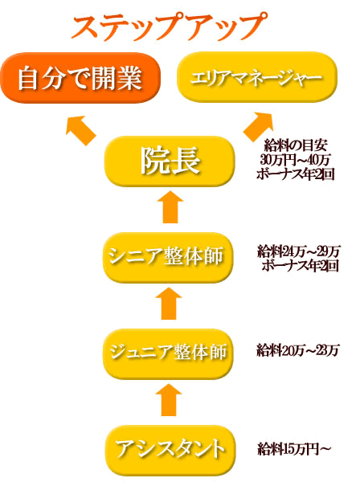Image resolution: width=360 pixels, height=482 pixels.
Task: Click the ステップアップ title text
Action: coord(169,27)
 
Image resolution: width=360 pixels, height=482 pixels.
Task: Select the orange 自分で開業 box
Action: coord(80,78)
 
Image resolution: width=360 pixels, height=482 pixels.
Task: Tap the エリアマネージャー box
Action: coord(257,77)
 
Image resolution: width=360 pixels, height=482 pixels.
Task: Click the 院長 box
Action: coord(170,161)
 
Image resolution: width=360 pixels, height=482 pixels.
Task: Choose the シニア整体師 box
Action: coord(167,257)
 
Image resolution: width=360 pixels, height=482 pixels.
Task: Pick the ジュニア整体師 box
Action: coord(168,353)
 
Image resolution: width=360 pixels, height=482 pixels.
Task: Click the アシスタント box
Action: coord(170,450)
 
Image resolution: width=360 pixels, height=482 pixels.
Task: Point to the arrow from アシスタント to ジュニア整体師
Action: coord(169,399)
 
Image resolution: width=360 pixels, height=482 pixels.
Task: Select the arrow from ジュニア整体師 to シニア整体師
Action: coord(169,304)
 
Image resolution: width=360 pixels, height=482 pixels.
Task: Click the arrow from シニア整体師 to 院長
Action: coord(170,207)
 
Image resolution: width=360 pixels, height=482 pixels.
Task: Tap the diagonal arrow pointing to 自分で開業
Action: coord(80,130)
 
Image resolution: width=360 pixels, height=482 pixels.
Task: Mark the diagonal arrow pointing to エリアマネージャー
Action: coord(259,127)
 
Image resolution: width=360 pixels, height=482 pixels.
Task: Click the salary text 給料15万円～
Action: coord(294,449)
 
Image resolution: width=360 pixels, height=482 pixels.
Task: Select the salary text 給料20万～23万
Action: coord(297,350)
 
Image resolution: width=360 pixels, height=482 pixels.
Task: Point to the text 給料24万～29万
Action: coord(298,252)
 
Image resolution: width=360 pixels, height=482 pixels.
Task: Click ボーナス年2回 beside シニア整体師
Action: coord(300,266)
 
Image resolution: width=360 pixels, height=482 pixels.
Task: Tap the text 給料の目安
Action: coord(296,145)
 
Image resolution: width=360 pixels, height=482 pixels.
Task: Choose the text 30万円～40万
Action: coord(295,160)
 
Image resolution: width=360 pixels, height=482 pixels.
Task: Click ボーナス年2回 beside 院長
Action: coord(295,174)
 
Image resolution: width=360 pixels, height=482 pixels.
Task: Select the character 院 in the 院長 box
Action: coord(155,161)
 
